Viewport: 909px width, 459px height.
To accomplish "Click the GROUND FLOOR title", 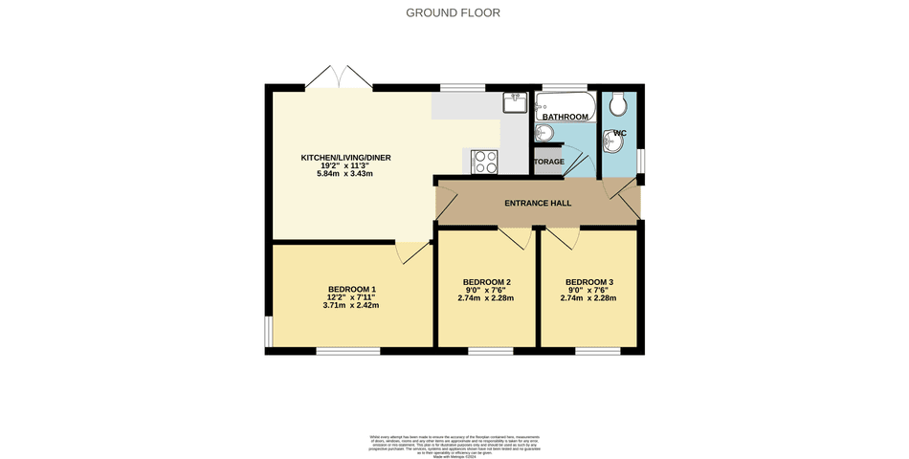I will pyautogui.click(x=453, y=12).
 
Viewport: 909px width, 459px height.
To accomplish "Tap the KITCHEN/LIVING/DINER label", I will pyautogui.click(x=346, y=158).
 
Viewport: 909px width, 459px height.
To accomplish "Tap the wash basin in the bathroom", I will pyautogui.click(x=543, y=133).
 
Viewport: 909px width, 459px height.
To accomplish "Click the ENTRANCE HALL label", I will pyautogui.click(x=538, y=203).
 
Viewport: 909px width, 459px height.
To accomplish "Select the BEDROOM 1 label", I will pyautogui.click(x=351, y=290).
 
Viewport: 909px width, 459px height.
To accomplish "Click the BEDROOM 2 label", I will pyautogui.click(x=486, y=282).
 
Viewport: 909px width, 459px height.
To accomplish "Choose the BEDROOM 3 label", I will pyautogui.click(x=588, y=282).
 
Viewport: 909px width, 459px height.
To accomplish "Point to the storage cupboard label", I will pyautogui.click(x=548, y=162).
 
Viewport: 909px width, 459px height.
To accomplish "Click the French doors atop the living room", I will pyautogui.click(x=339, y=78).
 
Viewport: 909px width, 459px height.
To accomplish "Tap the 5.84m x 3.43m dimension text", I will pyautogui.click(x=345, y=174).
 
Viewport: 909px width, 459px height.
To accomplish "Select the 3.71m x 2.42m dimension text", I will pyautogui.click(x=351, y=306).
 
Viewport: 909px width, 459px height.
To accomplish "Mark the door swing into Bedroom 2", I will pyautogui.click(x=515, y=238).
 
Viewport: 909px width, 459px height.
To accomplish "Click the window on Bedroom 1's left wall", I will pyautogui.click(x=269, y=331).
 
